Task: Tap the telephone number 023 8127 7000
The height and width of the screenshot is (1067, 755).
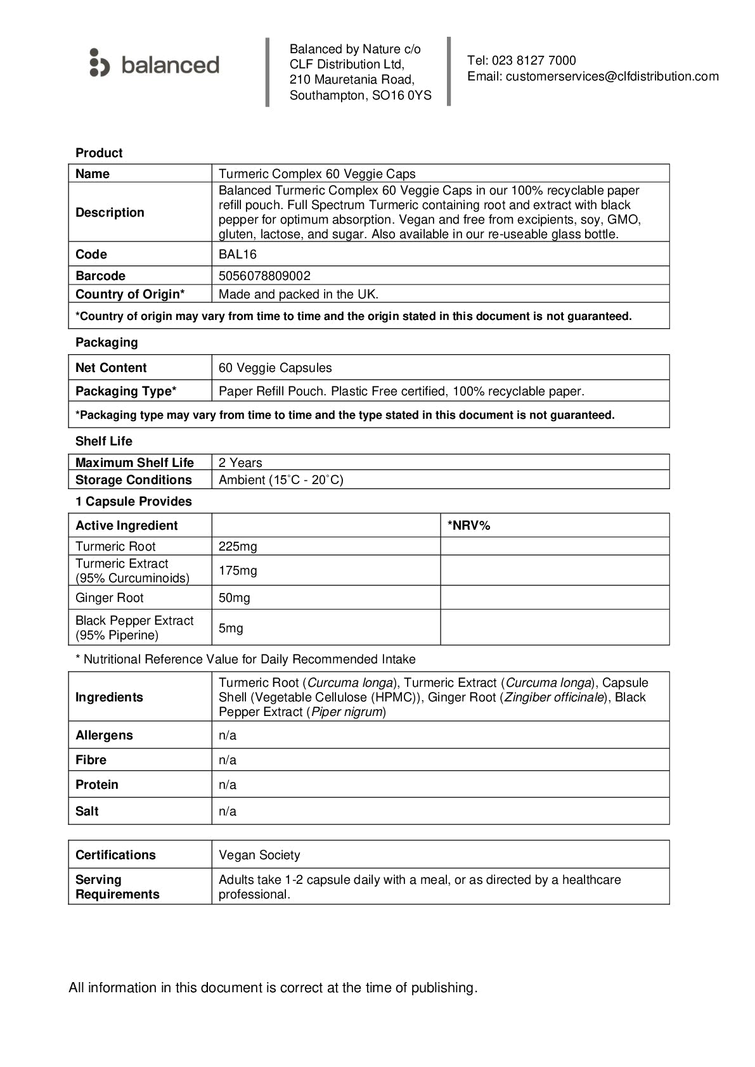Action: point(534,61)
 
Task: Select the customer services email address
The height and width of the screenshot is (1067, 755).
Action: point(612,77)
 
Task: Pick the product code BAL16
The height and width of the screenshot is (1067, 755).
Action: point(238,255)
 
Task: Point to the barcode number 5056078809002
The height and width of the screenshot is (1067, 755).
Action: point(264,276)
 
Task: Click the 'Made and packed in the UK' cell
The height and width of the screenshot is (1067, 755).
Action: point(298,294)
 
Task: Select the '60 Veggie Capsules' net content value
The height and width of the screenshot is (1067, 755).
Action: point(275,368)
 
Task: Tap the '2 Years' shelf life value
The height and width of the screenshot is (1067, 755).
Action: point(240,463)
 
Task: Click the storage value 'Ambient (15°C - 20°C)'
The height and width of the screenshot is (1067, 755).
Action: point(281,480)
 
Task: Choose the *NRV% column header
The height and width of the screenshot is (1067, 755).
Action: point(469,526)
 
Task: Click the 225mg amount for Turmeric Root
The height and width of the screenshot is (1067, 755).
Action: point(238,547)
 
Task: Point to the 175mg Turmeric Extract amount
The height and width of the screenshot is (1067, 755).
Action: point(238,571)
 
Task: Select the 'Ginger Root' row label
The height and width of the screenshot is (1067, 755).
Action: point(110,598)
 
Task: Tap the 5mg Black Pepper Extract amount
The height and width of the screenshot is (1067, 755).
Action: point(231,629)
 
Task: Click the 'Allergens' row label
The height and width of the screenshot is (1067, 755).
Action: point(104,736)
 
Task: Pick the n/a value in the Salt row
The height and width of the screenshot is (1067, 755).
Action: point(228,812)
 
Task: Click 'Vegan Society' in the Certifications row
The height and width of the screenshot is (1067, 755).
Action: point(259,855)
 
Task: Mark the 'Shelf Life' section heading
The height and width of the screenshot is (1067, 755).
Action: point(104,442)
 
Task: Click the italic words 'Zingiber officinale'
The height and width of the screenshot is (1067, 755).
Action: point(553,698)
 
